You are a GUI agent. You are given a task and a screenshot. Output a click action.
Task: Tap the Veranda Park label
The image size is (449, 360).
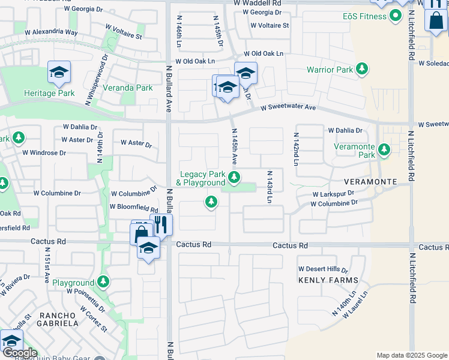coord(127,88)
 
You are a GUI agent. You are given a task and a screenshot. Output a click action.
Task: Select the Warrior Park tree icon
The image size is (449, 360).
coord(362,70)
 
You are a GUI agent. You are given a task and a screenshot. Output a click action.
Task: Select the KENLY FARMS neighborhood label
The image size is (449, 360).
coord(328,280)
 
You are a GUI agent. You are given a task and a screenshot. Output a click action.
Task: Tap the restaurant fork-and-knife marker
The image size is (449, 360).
coord(160,226)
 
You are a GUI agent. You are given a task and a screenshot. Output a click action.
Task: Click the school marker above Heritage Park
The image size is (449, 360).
coord(59,74)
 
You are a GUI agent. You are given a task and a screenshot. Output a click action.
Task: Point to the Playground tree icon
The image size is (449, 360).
coord(104,281)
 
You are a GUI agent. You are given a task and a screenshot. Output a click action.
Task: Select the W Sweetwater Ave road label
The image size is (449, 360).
coord(288,107)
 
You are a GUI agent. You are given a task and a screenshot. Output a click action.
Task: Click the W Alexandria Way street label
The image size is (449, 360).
coord(51,31)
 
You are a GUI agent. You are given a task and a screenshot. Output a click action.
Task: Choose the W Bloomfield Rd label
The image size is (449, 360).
coord(133,208)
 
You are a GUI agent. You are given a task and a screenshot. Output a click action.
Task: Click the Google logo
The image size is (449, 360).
coord(19,353)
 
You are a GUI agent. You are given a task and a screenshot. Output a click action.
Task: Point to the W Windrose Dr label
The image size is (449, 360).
coord(44,152)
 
